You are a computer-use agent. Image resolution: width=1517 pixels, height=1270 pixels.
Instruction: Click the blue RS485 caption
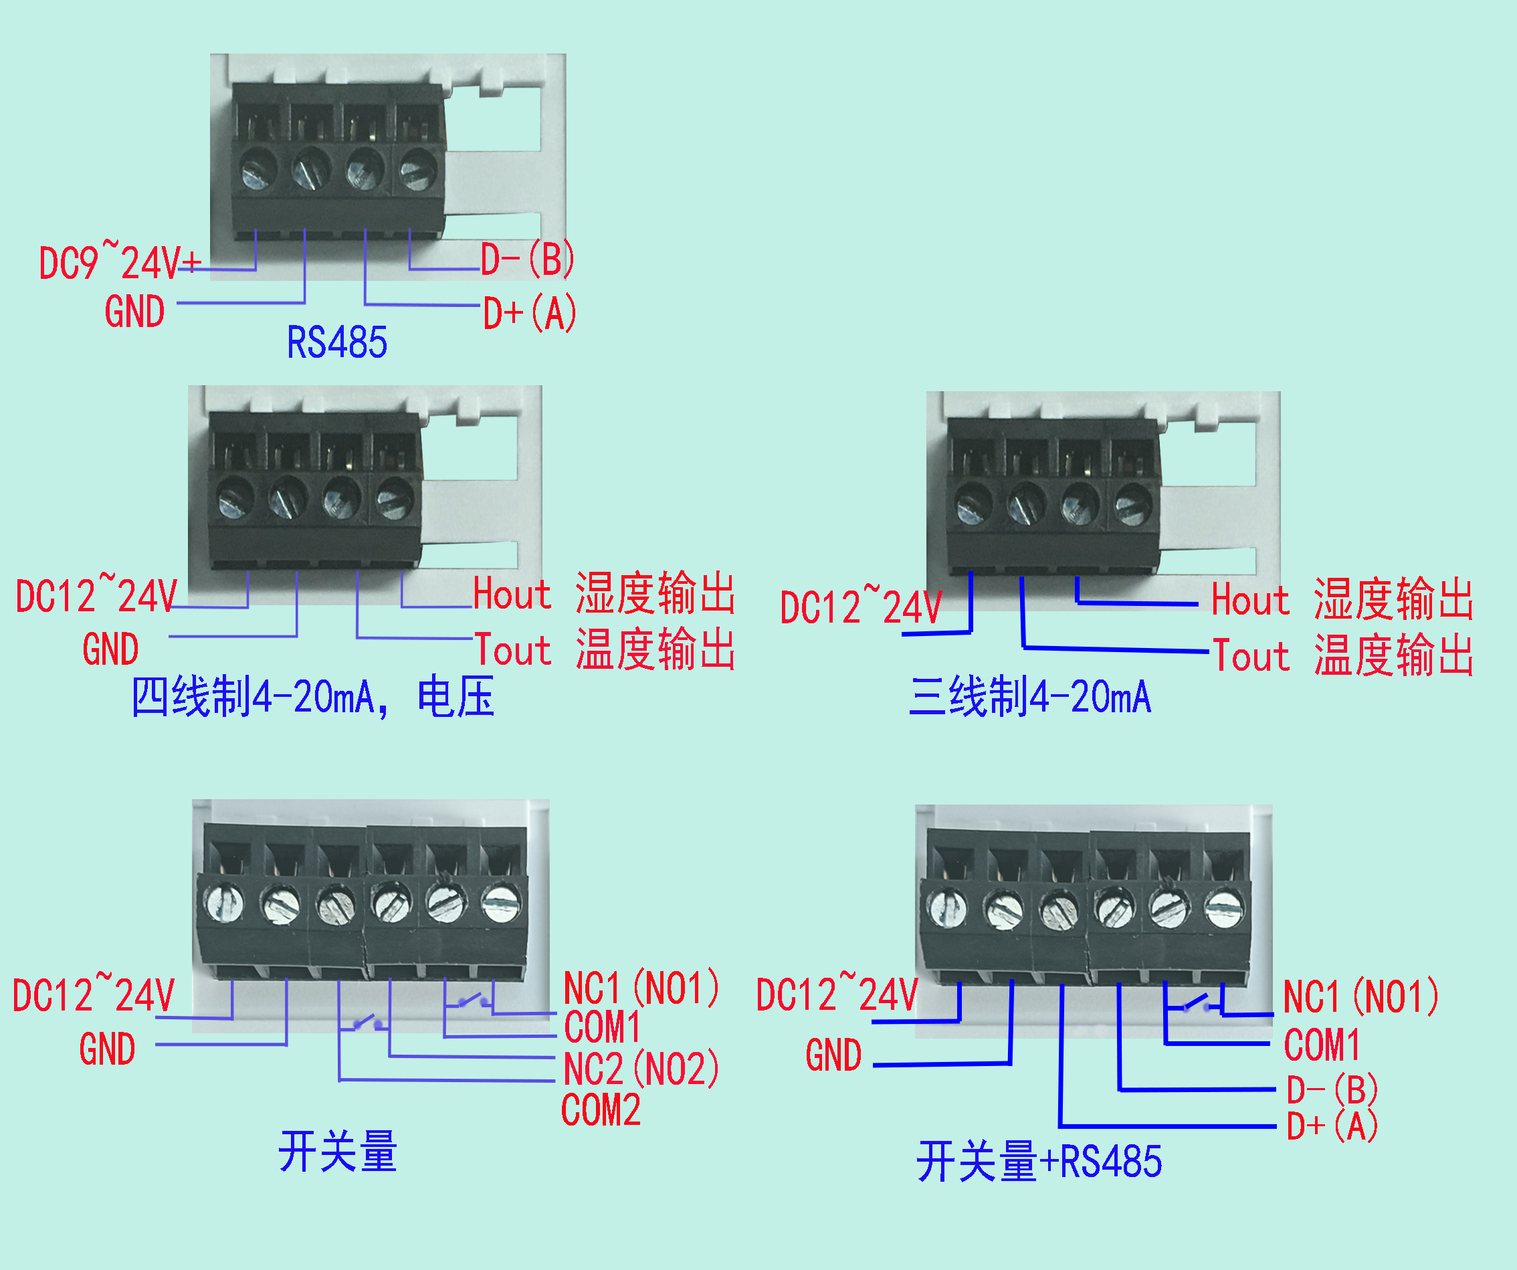(x=336, y=342)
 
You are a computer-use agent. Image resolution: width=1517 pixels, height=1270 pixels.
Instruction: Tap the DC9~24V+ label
(x=119, y=261)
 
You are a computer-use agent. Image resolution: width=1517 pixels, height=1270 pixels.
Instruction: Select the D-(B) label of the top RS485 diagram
(x=528, y=259)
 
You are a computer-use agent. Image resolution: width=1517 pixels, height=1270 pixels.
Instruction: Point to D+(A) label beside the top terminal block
(x=530, y=314)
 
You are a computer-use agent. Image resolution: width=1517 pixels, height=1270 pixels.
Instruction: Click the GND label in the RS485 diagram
(x=134, y=312)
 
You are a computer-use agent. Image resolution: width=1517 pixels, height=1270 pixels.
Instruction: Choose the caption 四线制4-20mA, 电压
(x=312, y=697)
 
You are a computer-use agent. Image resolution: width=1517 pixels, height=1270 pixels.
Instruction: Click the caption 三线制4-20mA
(x=1030, y=697)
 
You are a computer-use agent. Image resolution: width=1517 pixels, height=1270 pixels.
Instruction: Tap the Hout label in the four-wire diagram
(x=512, y=595)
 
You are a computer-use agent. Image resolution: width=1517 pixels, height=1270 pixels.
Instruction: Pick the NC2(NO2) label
(x=641, y=1069)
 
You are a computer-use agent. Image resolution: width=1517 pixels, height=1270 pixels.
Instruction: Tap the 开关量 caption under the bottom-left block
(x=337, y=1152)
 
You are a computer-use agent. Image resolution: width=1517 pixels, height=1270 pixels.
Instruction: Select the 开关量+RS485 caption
(x=1039, y=1162)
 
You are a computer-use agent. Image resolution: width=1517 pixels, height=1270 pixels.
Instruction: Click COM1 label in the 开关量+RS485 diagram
(x=1322, y=1045)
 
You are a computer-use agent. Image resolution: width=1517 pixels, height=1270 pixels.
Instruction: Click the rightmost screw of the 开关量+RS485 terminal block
(x=1224, y=908)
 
